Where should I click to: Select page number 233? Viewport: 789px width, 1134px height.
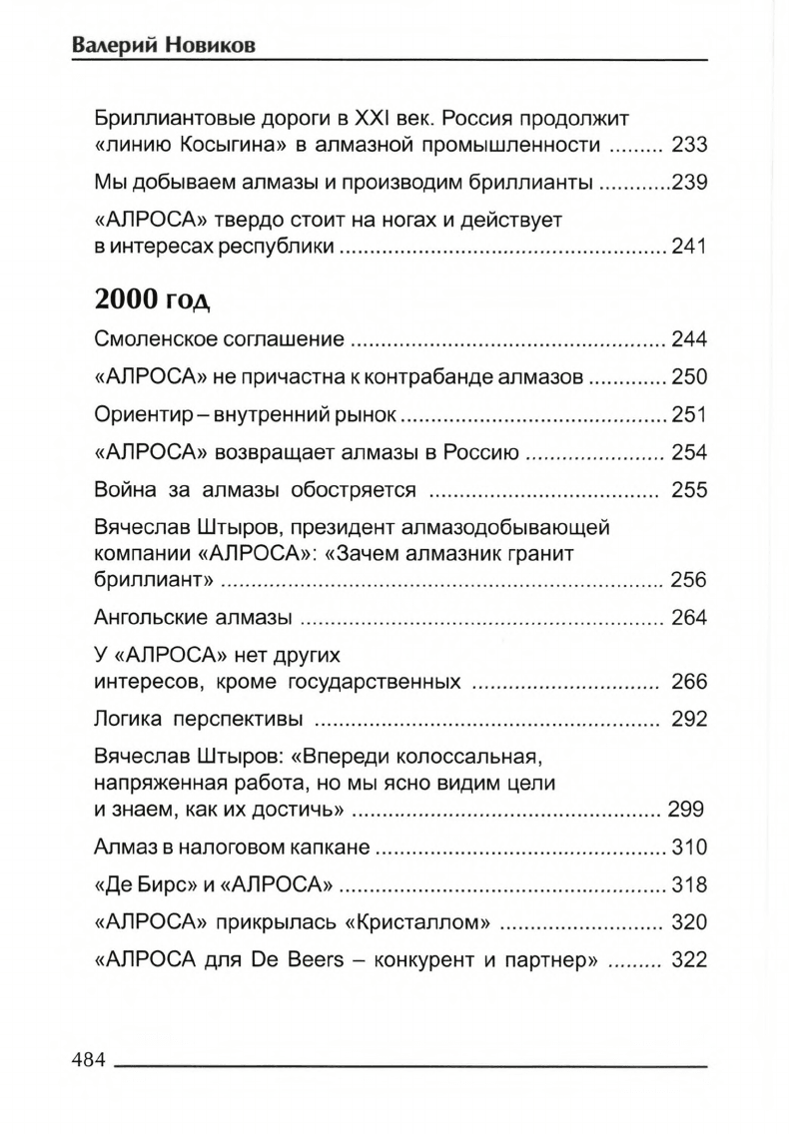689,146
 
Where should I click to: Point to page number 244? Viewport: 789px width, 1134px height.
689,339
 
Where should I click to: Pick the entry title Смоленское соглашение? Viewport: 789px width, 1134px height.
219,339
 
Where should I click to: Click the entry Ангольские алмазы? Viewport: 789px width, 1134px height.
193,618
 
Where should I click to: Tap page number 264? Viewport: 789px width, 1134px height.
689,618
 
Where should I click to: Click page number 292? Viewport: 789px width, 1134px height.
689,718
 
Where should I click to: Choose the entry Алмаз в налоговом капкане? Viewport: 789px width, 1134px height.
233,849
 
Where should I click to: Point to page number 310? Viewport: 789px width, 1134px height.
689,849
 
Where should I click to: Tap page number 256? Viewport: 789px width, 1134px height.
689,581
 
